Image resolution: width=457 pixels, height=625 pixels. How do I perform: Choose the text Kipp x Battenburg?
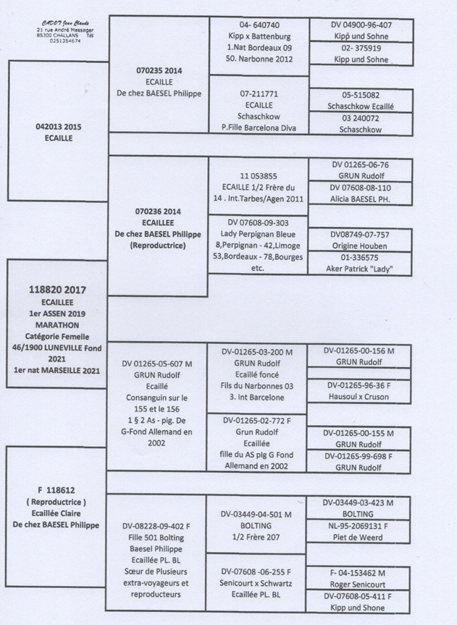(x=259, y=35)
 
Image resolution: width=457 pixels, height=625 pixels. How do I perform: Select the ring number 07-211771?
(x=259, y=94)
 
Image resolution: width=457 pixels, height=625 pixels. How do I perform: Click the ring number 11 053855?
(x=259, y=175)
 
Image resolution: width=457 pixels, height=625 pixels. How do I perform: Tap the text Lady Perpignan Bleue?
(x=259, y=235)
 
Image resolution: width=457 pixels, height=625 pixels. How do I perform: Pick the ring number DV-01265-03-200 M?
(x=258, y=352)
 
